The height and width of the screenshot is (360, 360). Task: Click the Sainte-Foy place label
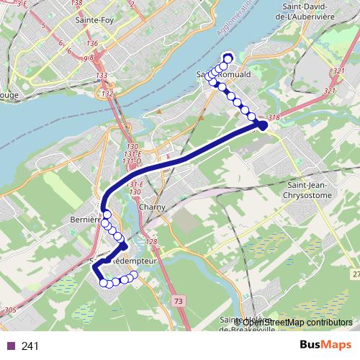92,21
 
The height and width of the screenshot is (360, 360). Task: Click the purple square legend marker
10,346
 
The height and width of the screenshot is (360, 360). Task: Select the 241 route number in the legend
30,346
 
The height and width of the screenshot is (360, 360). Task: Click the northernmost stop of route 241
228,59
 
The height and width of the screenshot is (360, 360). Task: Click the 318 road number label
273,117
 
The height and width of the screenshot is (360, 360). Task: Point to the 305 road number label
10,310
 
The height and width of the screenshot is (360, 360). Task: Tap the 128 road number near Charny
150,241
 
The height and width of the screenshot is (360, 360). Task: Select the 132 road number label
107,94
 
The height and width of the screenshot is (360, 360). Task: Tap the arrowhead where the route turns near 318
262,125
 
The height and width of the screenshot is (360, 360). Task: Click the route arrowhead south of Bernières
123,247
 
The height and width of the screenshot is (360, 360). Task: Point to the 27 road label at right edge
356,274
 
